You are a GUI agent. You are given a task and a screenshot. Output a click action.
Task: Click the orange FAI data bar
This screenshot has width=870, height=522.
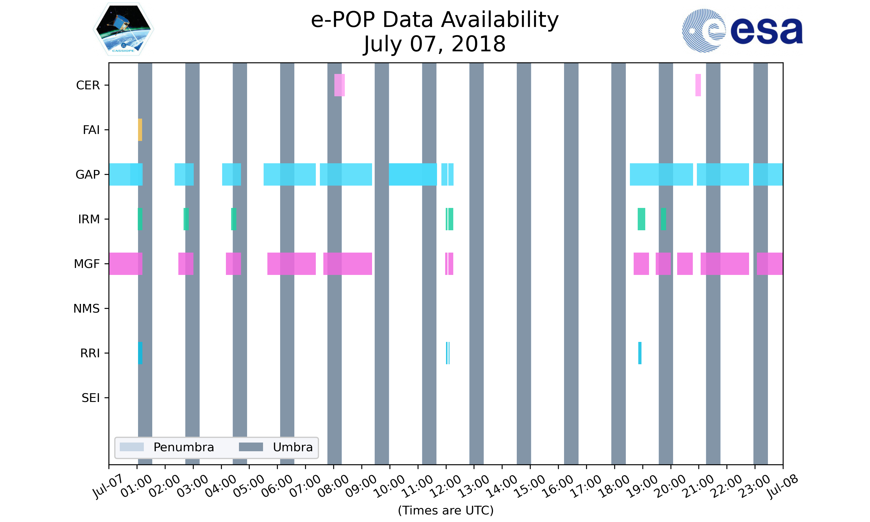pyautogui.click(x=140, y=130)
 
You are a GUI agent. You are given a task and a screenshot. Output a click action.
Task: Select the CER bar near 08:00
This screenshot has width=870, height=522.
pyautogui.click(x=339, y=85)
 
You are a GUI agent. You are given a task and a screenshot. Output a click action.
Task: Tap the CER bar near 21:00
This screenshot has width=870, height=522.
pyautogui.click(x=698, y=85)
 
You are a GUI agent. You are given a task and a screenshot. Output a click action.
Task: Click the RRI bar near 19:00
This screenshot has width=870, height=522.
pyautogui.click(x=640, y=353)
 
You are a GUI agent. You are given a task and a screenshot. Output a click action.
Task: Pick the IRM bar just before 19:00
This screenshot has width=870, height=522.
pyautogui.click(x=641, y=219)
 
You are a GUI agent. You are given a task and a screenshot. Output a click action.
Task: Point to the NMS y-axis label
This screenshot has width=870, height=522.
pyautogui.click(x=86, y=309)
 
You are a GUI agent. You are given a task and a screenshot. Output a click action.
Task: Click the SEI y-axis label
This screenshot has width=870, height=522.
pyautogui.click(x=91, y=398)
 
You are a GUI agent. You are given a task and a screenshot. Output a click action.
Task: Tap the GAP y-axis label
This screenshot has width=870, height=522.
pyautogui.click(x=88, y=175)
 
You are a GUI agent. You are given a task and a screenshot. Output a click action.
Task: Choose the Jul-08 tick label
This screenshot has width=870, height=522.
pyautogui.click(x=783, y=486)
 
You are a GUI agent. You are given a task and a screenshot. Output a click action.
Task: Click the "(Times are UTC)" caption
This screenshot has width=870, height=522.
pyautogui.click(x=445, y=510)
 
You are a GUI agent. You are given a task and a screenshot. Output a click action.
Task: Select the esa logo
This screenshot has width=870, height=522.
pyautogui.click(x=742, y=31)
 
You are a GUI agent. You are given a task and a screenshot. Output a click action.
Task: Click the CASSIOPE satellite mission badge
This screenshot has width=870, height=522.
pyautogui.click(x=124, y=29)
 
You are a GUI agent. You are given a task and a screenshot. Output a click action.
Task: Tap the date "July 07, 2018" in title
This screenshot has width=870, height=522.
pyautogui.click(x=435, y=44)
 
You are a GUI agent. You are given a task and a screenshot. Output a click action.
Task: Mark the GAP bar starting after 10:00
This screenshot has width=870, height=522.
pyautogui.click(x=413, y=175)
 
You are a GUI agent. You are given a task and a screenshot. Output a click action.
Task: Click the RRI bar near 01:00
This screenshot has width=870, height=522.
pyautogui.click(x=140, y=353)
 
